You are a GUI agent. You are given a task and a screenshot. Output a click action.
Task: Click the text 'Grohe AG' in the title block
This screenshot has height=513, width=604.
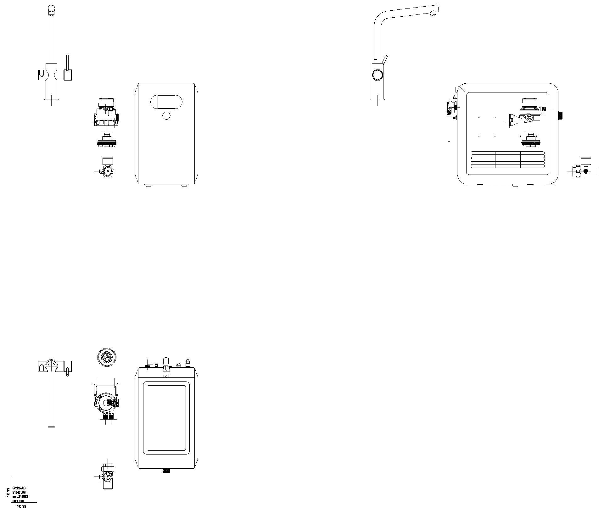pos(19,488)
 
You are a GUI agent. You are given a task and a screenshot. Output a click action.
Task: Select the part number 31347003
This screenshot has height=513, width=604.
pos(19,492)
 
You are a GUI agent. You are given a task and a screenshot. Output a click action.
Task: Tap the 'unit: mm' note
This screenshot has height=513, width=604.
pos(18,500)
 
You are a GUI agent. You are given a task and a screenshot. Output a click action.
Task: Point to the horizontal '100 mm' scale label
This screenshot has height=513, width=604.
pos(21,506)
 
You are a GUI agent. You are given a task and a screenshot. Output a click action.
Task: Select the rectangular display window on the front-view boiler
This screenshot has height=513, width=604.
pos(166,102)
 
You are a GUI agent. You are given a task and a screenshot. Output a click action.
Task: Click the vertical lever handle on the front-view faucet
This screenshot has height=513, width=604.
pos(67,63)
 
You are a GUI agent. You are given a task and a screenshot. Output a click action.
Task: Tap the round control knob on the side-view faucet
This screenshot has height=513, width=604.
pos(377,75)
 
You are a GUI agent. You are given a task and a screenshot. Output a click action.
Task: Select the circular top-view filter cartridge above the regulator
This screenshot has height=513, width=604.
pos(107,357)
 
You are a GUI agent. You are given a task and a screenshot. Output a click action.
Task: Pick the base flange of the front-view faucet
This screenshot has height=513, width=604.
pos(52,99)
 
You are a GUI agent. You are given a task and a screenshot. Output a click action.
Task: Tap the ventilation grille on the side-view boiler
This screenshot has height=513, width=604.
pos(508,159)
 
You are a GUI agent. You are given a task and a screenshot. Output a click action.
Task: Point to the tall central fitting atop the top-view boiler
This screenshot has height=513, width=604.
pos(166,362)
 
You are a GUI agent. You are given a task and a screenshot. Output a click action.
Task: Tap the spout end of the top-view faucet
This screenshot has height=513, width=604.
pos(51,425)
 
